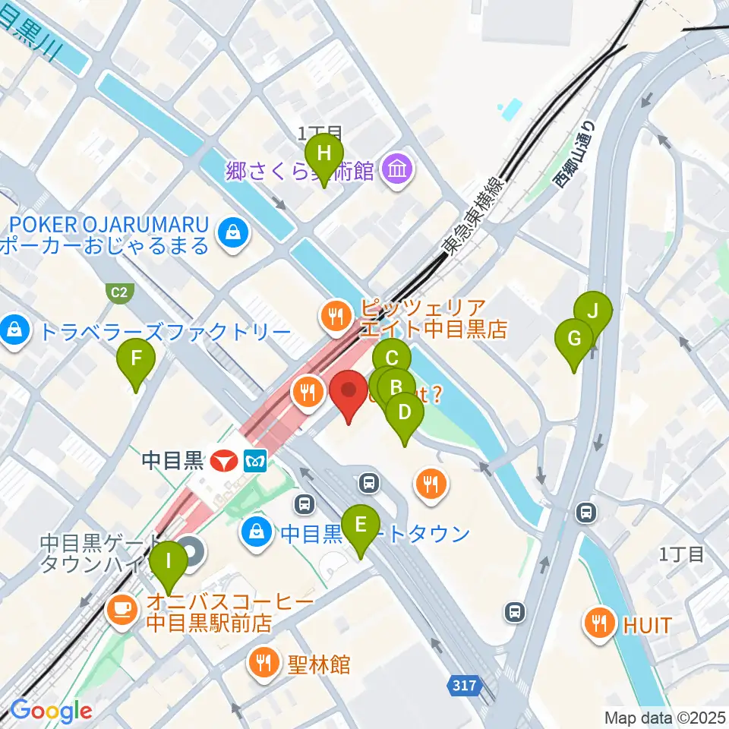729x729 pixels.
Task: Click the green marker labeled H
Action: click(324, 154)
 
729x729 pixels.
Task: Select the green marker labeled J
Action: click(593, 311)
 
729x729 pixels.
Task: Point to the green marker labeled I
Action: click(168, 564)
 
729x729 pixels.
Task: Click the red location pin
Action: click(349, 392)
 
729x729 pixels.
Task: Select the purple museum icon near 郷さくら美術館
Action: click(398, 169)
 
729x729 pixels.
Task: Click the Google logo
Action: click(52, 711)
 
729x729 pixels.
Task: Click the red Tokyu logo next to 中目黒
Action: click(226, 460)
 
